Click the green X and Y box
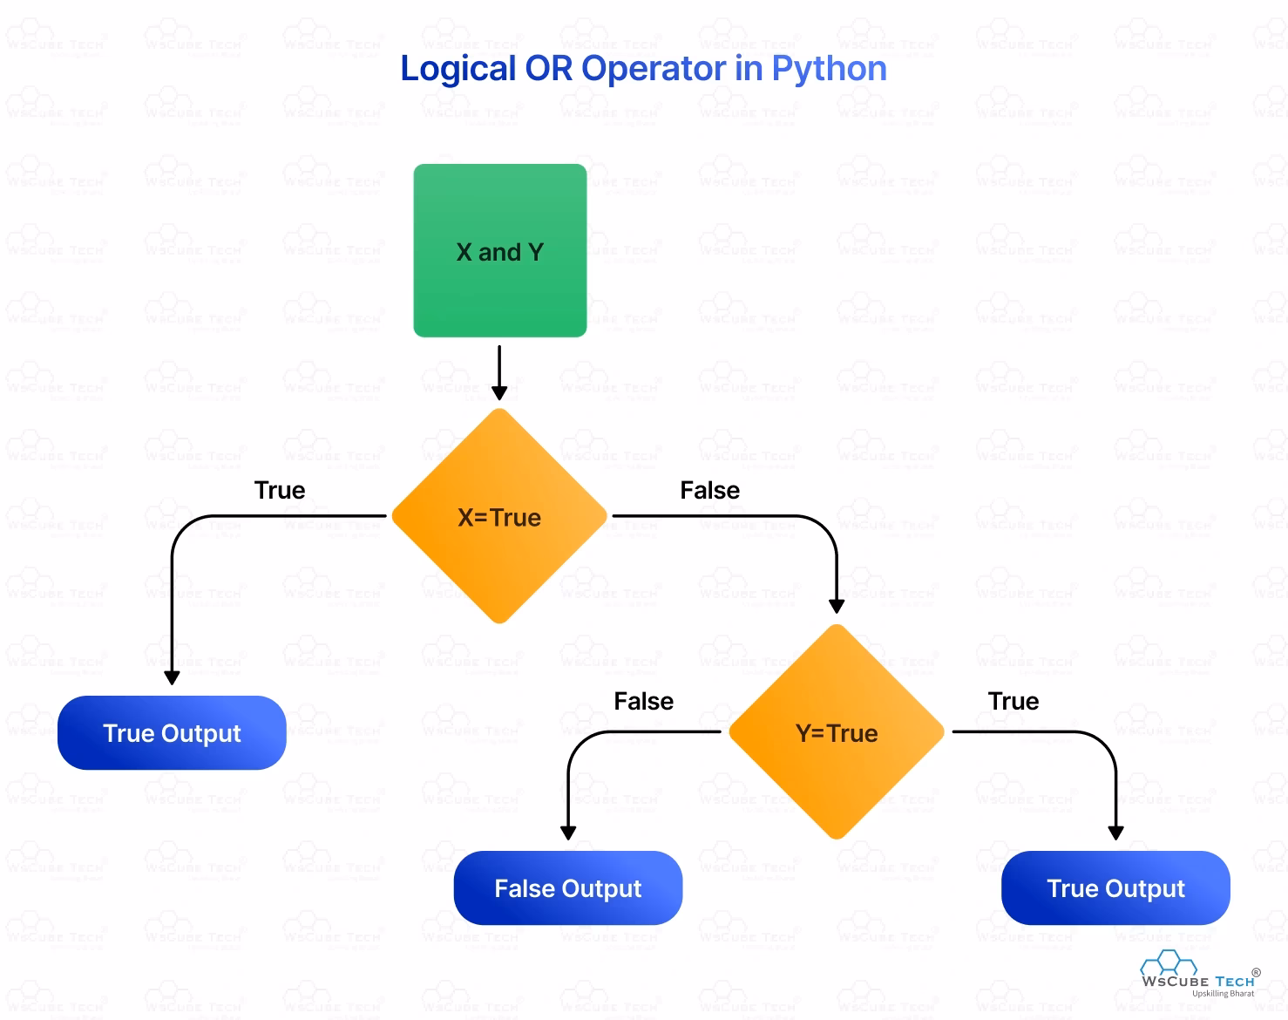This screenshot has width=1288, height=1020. coord(499,250)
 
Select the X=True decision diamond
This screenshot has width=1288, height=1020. coord(499,516)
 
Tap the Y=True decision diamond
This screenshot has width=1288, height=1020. coord(837,732)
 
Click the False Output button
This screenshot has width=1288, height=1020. coord(567,887)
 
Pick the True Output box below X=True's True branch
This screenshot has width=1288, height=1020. coord(172,732)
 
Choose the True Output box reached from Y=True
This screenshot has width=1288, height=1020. coord(1115,887)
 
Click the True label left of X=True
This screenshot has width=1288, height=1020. coord(280,490)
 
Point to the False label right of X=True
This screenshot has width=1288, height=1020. coord(709,490)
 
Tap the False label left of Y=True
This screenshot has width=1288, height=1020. coord(643,701)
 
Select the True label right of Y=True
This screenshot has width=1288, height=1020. coord(1013,701)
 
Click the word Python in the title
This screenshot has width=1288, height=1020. coord(829,69)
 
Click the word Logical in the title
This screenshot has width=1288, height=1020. coord(458,69)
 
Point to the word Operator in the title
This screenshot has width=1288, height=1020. coord(654,69)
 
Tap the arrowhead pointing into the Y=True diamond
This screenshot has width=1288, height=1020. coord(837,606)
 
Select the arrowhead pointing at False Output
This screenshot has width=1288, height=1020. coord(568,833)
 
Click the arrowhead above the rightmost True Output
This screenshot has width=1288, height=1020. coord(1115,833)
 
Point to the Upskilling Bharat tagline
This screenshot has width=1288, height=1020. coord(1223,994)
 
